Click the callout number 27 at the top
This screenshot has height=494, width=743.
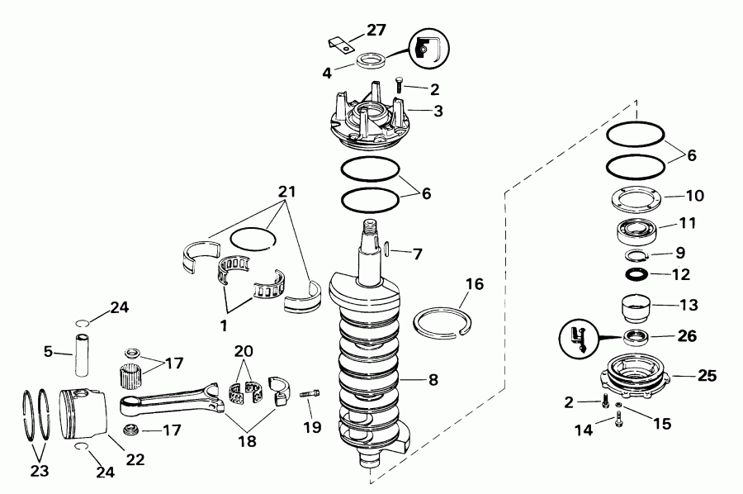tap(376, 30)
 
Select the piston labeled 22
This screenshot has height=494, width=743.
tap(85, 416)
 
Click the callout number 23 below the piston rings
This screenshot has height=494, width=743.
tap(39, 472)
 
